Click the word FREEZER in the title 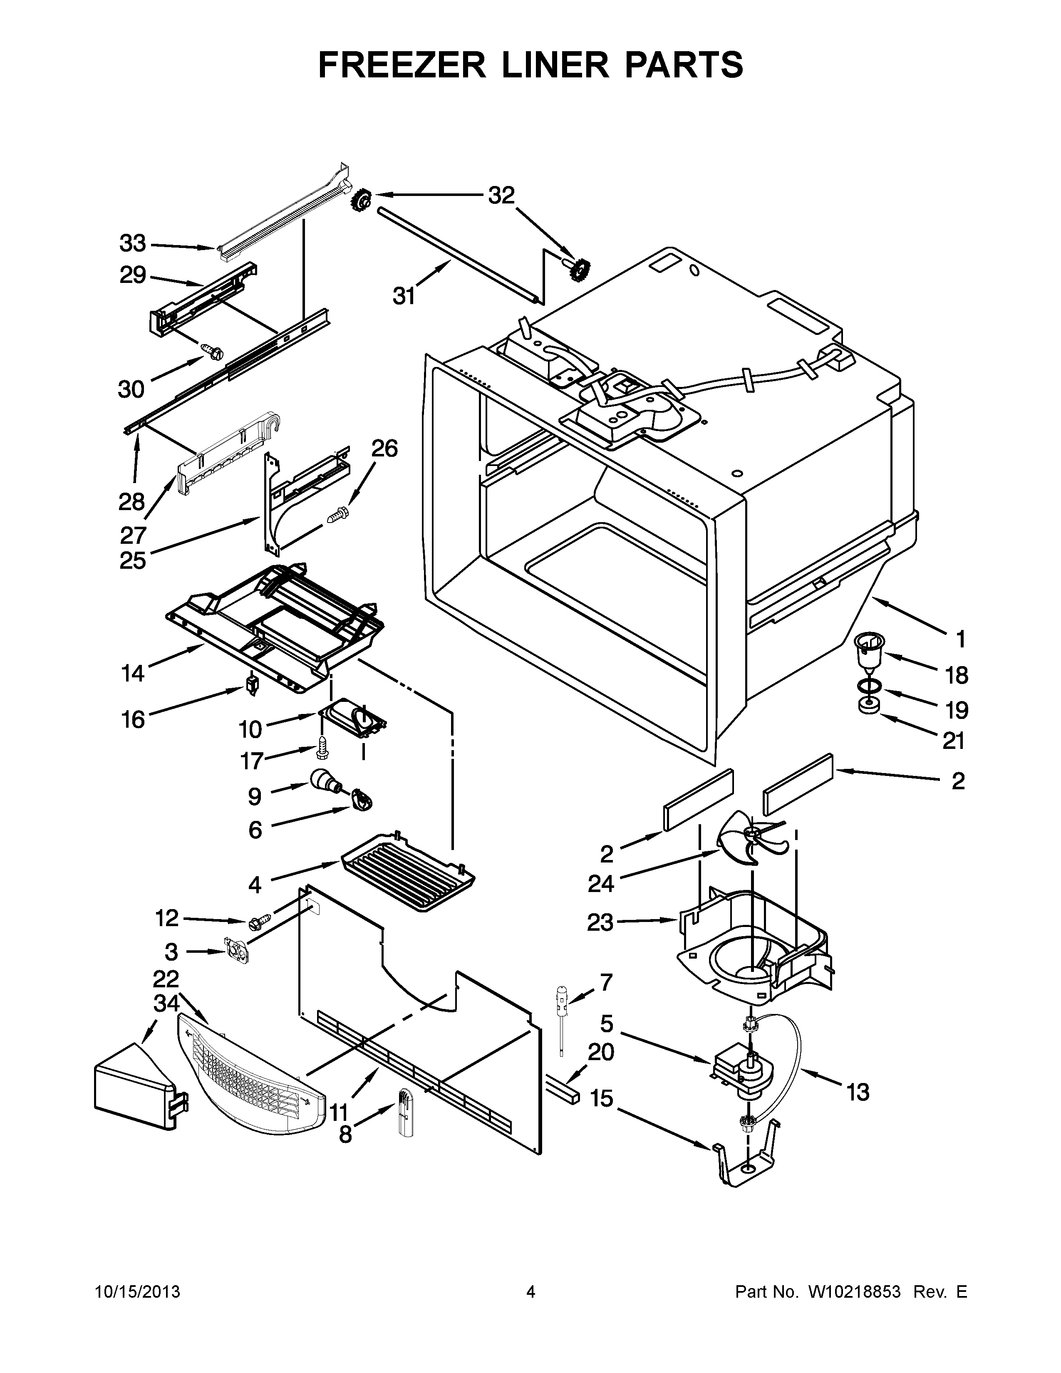[402, 65]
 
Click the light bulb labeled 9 [325, 781]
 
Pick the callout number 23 [600, 922]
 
